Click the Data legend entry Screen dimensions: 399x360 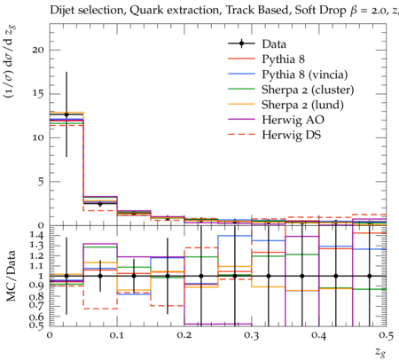tap(274, 44)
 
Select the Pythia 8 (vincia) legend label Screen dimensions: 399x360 tap(305, 74)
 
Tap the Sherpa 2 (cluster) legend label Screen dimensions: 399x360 tap(308, 90)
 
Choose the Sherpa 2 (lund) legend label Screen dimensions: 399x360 tap(302, 105)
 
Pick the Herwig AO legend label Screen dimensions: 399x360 tap(293, 120)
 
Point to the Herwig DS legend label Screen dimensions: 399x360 tap(292, 135)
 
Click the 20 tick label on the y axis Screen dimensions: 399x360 tap(38, 50)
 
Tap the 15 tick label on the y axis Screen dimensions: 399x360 tap(38, 94)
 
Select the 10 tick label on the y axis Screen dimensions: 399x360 tap(38, 137)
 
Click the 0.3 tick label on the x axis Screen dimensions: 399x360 tap(252, 335)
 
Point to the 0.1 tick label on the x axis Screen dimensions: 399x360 tap(117, 335)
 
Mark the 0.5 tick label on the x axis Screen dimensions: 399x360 tap(386, 335)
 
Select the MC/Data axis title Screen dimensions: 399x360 tap(11, 276)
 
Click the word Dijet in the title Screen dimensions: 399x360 tap(63, 11)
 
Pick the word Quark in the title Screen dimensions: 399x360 tap(143, 11)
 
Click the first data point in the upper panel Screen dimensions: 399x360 tap(66, 114)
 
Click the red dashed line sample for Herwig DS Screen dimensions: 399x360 tap(241, 135)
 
